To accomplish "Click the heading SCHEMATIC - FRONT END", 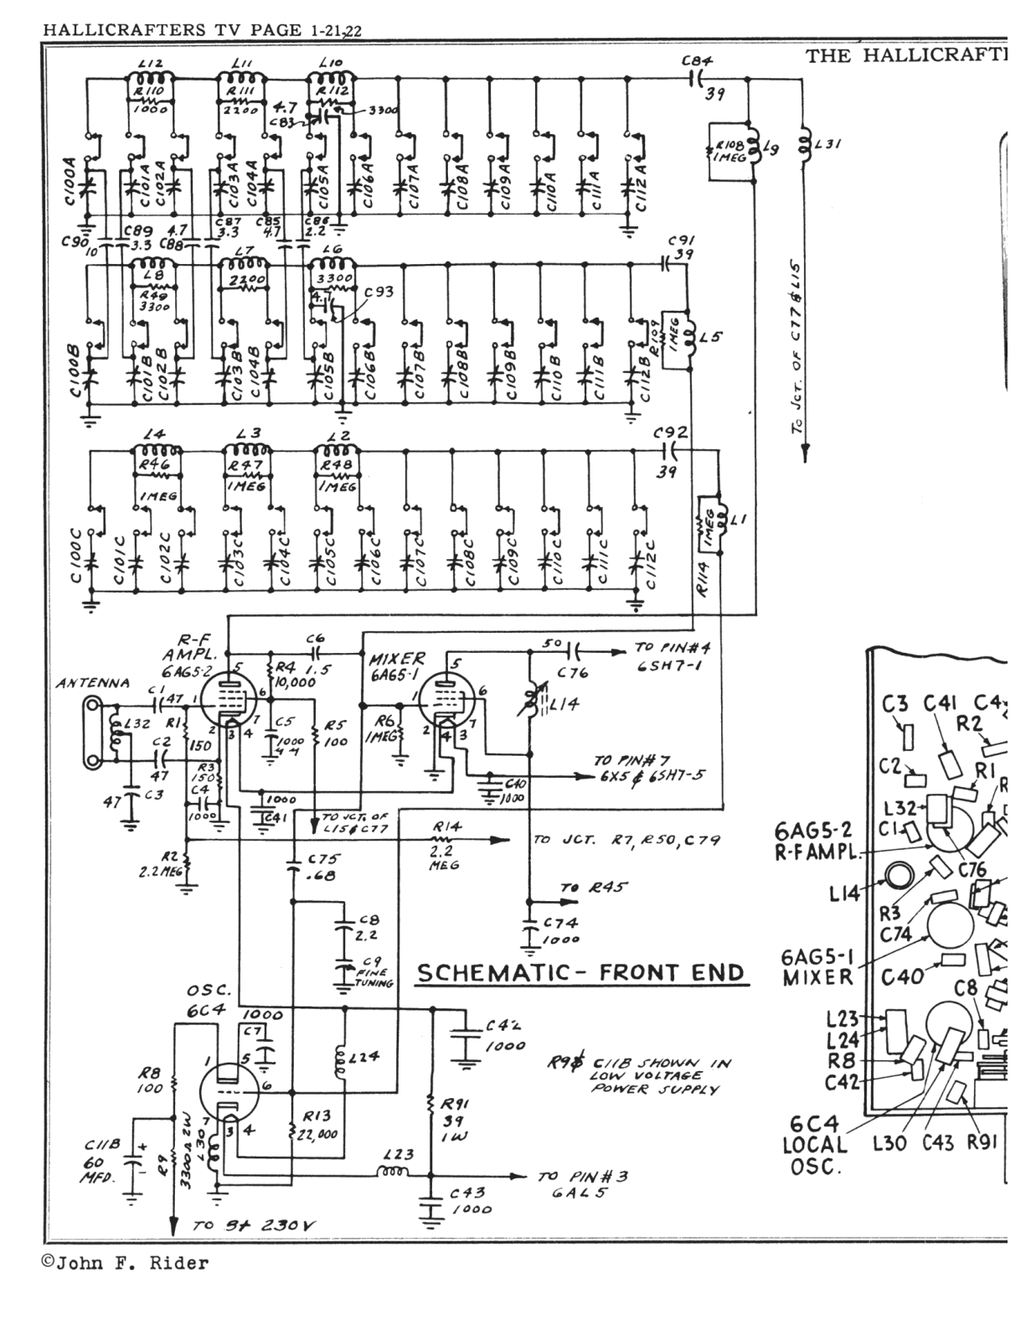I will tap(580, 973).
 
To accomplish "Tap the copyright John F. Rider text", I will tap(125, 1263).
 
